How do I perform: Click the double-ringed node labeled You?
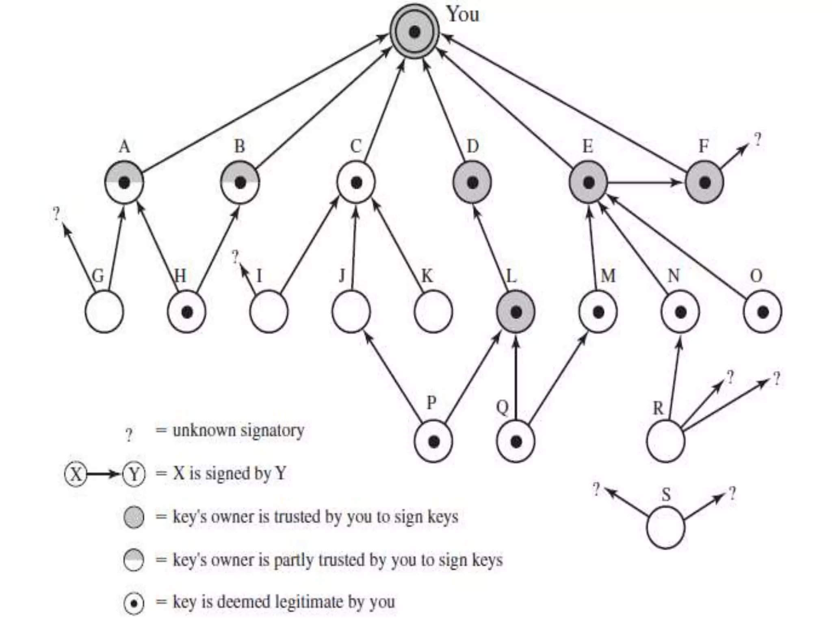pyautogui.click(x=414, y=31)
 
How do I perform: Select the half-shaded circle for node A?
pyautogui.click(x=124, y=182)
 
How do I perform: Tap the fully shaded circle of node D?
pyautogui.click(x=472, y=182)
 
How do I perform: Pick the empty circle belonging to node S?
pyautogui.click(x=665, y=528)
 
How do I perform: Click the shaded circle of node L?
pyautogui.click(x=516, y=312)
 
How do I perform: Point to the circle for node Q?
pyautogui.click(x=516, y=441)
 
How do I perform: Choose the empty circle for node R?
pyautogui.click(x=665, y=441)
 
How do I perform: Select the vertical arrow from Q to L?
pyautogui.click(x=516, y=378)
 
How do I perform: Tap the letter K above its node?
pyautogui.click(x=427, y=276)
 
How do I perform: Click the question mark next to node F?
pyautogui.click(x=757, y=140)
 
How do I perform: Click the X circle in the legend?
pyautogui.click(x=76, y=474)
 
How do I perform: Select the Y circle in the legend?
pyautogui.click(x=134, y=474)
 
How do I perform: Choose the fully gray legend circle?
pyautogui.click(x=134, y=517)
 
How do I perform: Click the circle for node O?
pyautogui.click(x=762, y=312)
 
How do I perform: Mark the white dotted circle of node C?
pyautogui.click(x=356, y=182)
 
